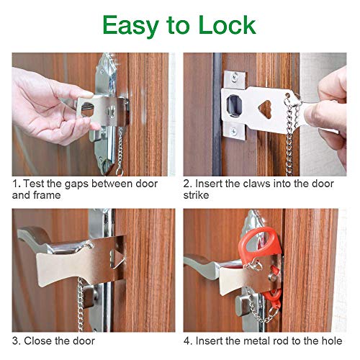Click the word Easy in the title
(131, 25)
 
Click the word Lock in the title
(222, 25)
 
